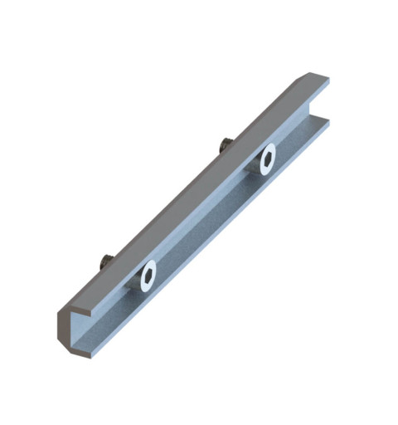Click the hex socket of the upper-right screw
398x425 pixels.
pos(267,159)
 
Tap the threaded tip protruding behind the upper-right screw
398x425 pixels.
pos(224,146)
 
